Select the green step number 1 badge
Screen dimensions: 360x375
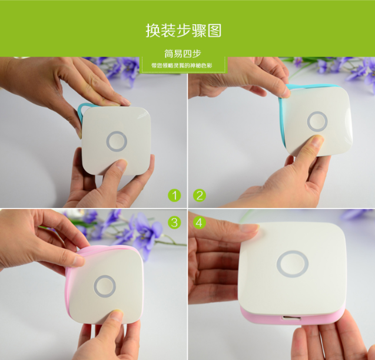point(174,195)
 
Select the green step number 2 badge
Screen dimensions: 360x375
point(200,195)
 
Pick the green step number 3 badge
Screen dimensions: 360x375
point(174,222)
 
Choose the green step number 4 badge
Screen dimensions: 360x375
point(200,222)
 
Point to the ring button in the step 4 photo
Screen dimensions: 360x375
point(293,263)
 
